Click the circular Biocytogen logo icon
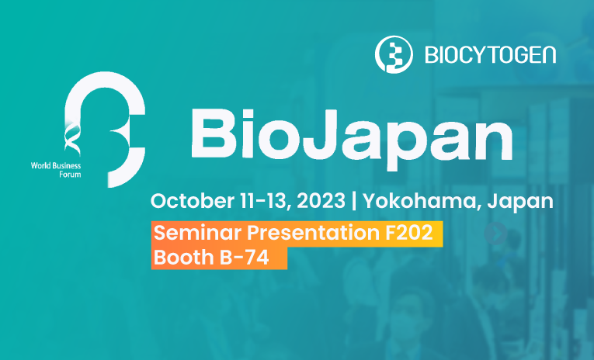click(x=394, y=54)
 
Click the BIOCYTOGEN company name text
click(x=491, y=55)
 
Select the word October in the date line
click(x=192, y=201)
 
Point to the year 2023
click(x=321, y=201)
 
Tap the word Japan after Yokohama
click(x=520, y=202)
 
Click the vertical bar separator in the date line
click(x=354, y=201)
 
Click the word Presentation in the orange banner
click(x=313, y=232)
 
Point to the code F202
click(x=408, y=232)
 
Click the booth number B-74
click(x=245, y=258)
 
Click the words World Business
click(x=56, y=165)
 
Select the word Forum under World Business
click(x=70, y=175)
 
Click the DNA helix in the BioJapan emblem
click(x=72, y=137)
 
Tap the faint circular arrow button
click(x=495, y=234)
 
